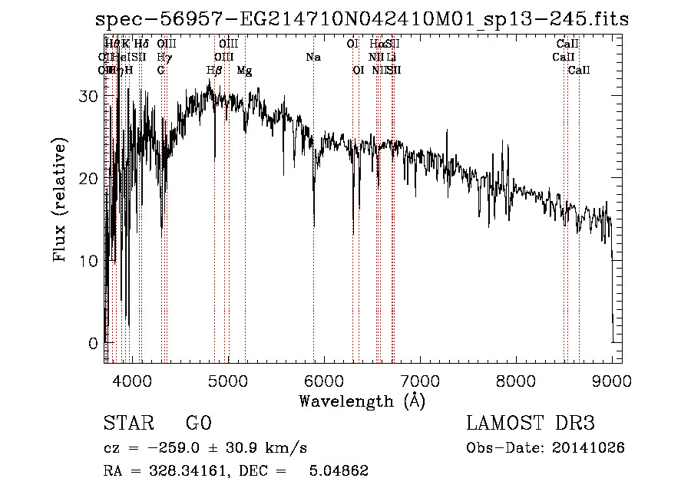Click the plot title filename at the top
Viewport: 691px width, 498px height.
coord(361,20)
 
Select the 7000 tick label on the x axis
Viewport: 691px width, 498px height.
coord(420,380)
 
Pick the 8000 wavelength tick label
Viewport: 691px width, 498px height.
coord(516,380)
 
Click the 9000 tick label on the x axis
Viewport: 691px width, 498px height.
coord(612,380)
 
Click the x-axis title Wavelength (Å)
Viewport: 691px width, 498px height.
coord(361,401)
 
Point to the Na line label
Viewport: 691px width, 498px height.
coord(312,57)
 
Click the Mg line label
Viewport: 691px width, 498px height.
coord(244,71)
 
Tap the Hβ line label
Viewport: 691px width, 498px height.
coord(214,71)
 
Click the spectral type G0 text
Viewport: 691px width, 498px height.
coord(198,424)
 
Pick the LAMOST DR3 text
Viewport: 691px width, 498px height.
coord(530,424)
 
